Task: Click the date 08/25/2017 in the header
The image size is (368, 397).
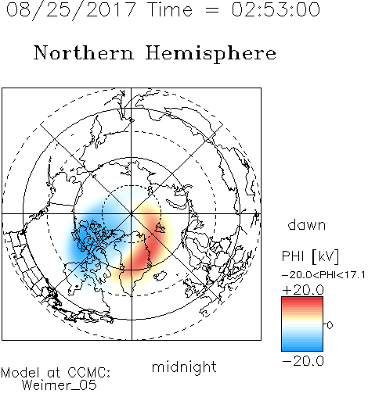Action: pyautogui.click(x=70, y=10)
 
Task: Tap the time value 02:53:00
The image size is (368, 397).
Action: pyautogui.click(x=276, y=9)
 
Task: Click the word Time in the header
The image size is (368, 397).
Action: pyautogui.click(x=170, y=9)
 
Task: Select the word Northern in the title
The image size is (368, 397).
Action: pyautogui.click(x=84, y=52)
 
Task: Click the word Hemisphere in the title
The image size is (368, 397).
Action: pyautogui.click(x=211, y=54)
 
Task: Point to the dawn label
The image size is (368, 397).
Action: pyautogui.click(x=307, y=225)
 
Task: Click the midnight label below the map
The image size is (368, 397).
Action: pyautogui.click(x=184, y=367)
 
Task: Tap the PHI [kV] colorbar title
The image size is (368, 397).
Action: pyautogui.click(x=310, y=256)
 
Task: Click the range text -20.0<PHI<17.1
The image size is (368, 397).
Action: pyautogui.click(x=323, y=275)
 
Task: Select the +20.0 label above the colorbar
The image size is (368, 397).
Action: pyautogui.click(x=303, y=290)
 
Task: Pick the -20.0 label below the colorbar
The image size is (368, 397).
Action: pyautogui.click(x=303, y=361)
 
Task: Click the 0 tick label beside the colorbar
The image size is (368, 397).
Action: pyautogui.click(x=330, y=325)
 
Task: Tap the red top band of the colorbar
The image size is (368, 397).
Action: pyautogui.click(x=302, y=301)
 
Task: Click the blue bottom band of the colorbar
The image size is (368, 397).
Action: pyautogui.click(x=302, y=346)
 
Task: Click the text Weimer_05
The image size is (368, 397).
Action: pyautogui.click(x=60, y=384)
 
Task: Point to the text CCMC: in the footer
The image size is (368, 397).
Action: pyautogui.click(x=88, y=373)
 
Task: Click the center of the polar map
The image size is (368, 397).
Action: pyautogui.click(x=132, y=214)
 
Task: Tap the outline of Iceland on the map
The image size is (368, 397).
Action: pyautogui.click(x=161, y=276)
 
